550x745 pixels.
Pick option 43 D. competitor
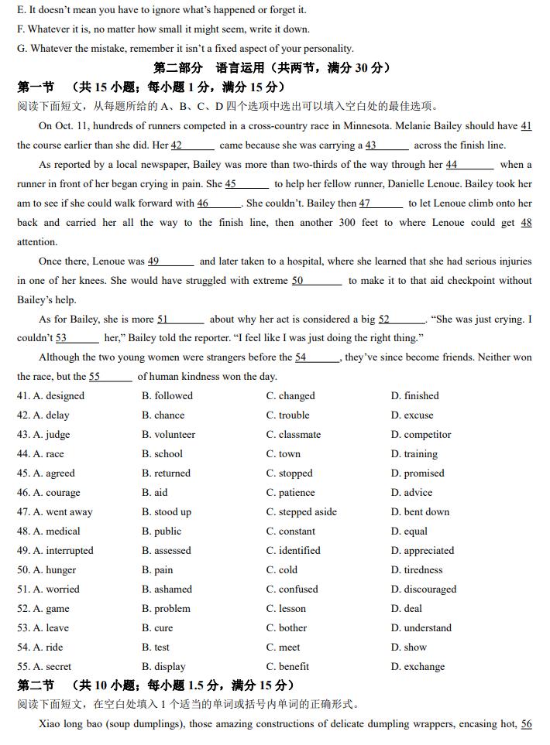coord(421,435)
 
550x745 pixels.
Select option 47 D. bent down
coord(420,512)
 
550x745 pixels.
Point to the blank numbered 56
coord(526,725)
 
